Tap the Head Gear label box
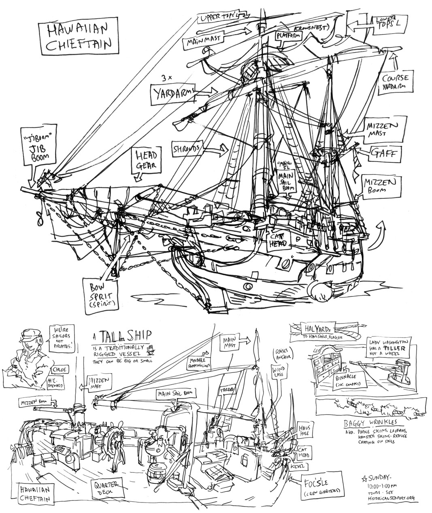coord(146,161)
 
